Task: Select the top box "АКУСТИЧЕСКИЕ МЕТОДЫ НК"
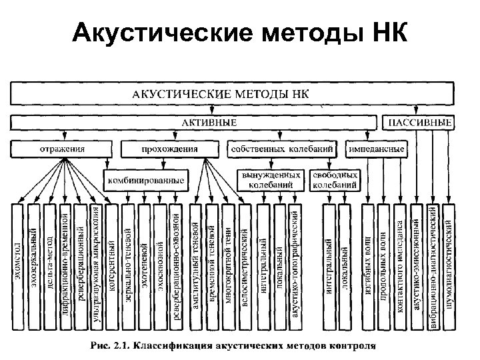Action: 231,94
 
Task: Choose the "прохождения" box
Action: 170,149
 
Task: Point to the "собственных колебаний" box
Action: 285,149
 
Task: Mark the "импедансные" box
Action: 377,149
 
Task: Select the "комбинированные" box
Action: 145,179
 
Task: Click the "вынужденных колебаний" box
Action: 275,179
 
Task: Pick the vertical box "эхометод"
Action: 18,266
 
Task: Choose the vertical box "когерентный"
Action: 113,266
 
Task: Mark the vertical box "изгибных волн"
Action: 369,266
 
